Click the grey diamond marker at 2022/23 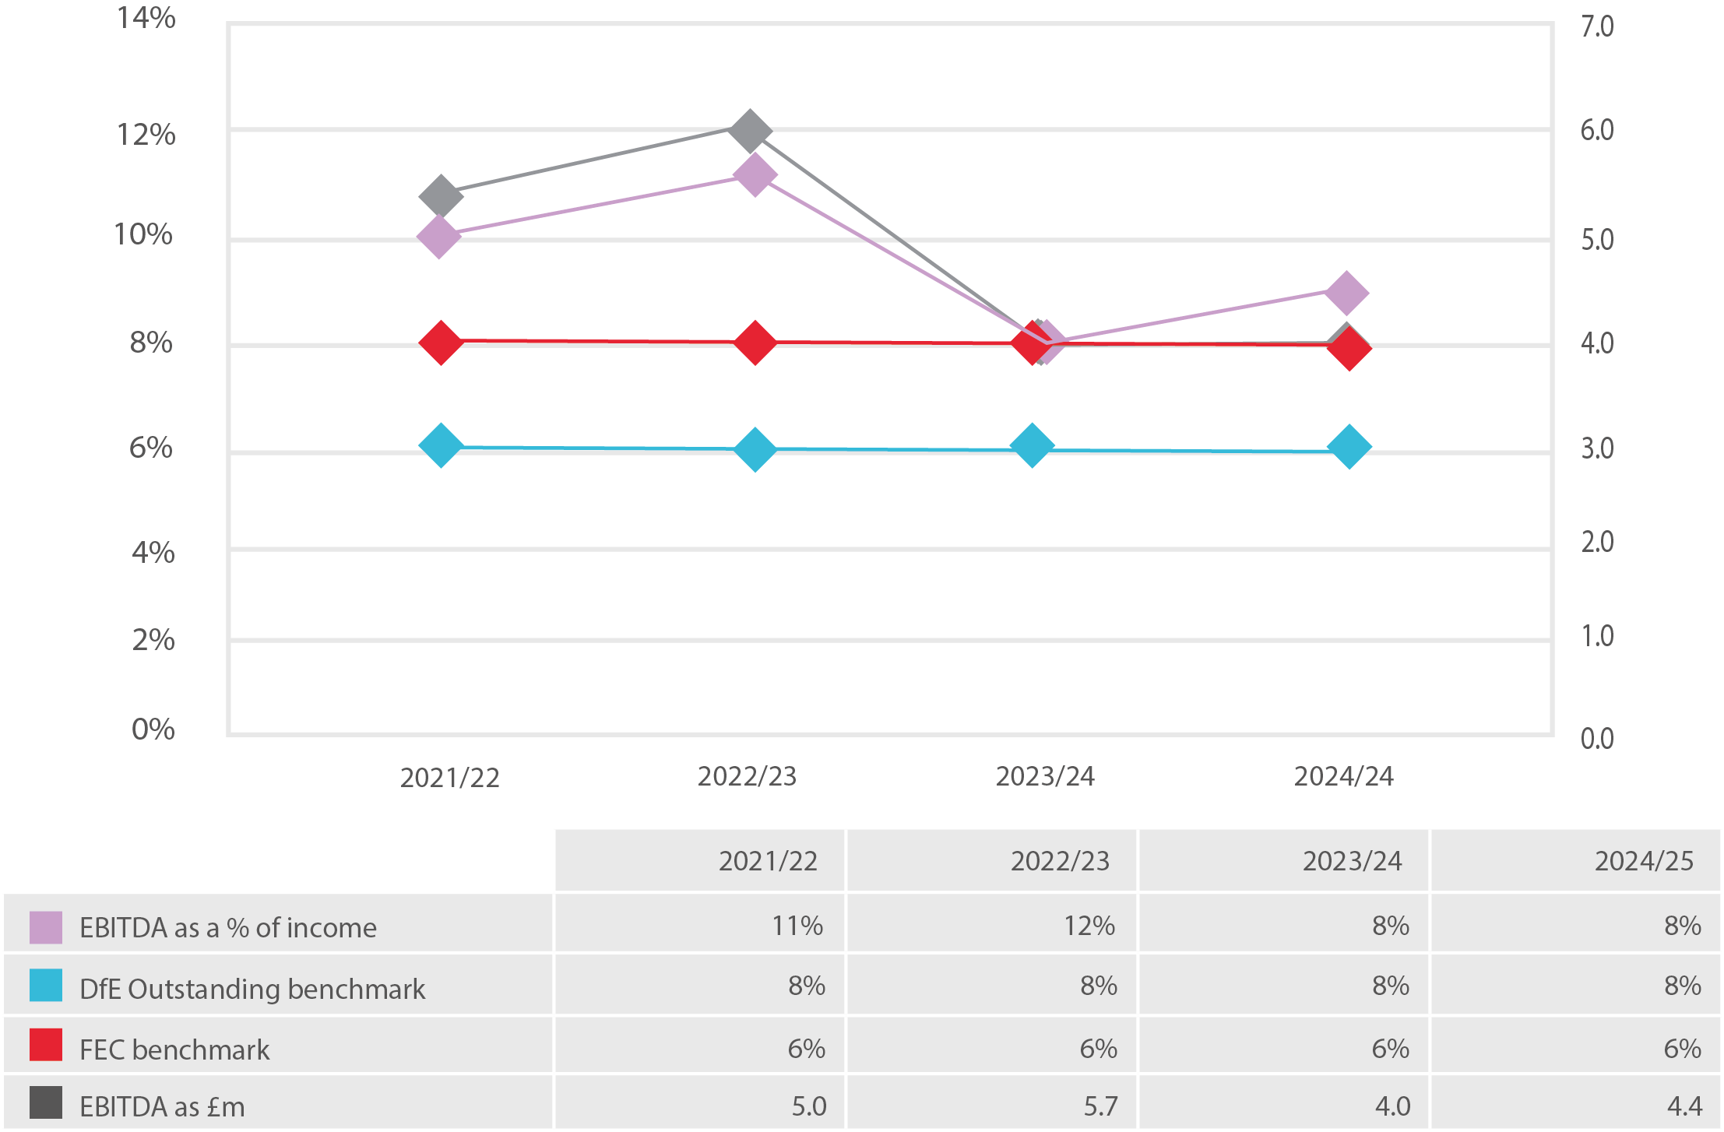(750, 131)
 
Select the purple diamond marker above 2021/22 (438, 236)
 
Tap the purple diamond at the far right (1346, 293)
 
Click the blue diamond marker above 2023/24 (1033, 446)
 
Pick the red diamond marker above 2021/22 (442, 342)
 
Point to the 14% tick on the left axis (146, 18)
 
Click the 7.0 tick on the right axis (1597, 26)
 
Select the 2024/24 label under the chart (1343, 776)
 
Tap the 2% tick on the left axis (153, 640)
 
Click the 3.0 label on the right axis (1597, 448)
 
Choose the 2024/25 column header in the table (1644, 861)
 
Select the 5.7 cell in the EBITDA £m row (1100, 1106)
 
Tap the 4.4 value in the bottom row (1684, 1106)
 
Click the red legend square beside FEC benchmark (46, 1045)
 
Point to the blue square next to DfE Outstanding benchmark (46, 985)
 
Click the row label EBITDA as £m (162, 1106)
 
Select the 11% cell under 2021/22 (797, 926)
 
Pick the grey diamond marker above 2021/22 (441, 195)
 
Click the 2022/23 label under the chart (747, 776)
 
